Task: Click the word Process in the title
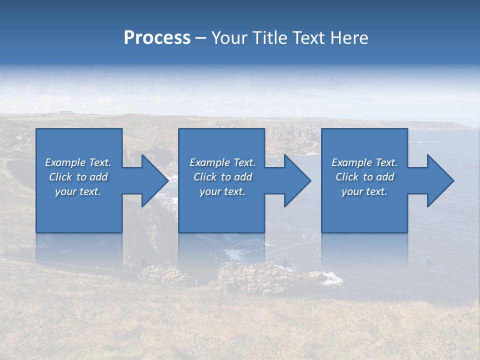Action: [x=157, y=38]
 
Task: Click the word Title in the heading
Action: [x=268, y=38]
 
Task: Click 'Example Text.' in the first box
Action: [x=78, y=162]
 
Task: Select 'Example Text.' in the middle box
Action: [x=222, y=162]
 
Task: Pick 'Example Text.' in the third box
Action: [x=364, y=162]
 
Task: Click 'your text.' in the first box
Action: [x=78, y=191]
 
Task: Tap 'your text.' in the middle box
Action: [x=222, y=191]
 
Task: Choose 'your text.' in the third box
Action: [x=364, y=191]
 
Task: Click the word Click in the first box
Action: [x=60, y=177]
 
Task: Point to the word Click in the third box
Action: [x=347, y=177]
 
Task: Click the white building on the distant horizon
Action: [x=64, y=112]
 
